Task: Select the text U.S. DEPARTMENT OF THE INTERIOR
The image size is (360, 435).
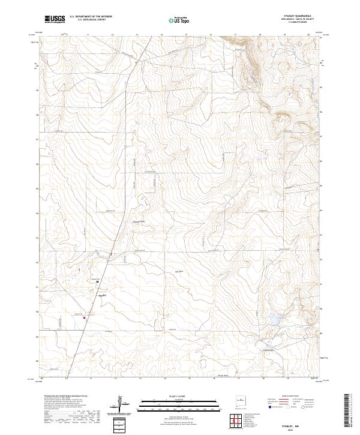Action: [x=90, y=17]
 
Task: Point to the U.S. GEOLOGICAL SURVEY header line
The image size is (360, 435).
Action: [x=90, y=20]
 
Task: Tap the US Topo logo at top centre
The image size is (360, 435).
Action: [x=181, y=20]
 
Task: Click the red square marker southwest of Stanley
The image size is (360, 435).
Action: [x=85, y=318]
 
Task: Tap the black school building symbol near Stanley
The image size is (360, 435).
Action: [x=97, y=280]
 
